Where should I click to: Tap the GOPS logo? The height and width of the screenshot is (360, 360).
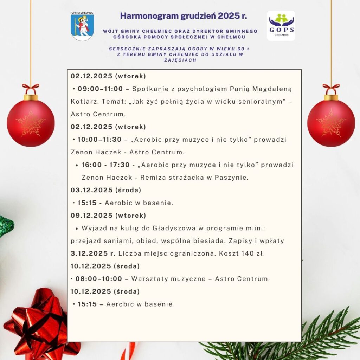(281, 26)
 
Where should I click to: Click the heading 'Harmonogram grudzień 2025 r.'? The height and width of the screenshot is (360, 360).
(184, 16)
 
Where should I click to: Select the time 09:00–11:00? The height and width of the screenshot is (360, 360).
(100, 89)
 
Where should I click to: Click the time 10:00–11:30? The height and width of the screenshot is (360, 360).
(99, 139)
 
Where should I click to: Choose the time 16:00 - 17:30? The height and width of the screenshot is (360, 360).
(105, 165)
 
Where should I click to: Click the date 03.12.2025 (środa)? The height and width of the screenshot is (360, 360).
(106, 190)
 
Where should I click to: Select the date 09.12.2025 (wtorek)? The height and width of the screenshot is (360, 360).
(108, 216)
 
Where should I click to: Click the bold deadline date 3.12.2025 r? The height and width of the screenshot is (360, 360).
(93, 253)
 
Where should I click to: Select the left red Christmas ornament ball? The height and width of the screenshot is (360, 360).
(31, 123)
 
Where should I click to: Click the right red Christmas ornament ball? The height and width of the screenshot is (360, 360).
(331, 123)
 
